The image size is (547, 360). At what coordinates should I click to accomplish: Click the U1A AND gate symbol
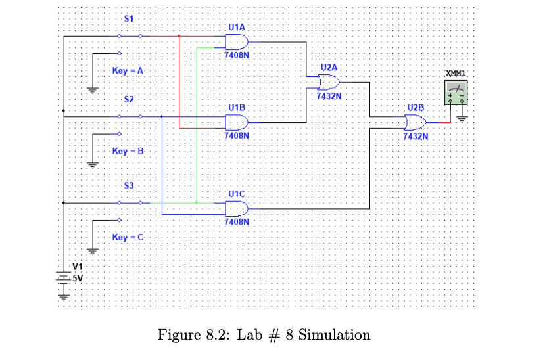[236, 43]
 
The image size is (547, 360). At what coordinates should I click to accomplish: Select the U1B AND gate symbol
[236, 122]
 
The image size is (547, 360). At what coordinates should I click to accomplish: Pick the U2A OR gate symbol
[328, 83]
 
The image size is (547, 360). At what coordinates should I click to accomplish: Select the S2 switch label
[130, 99]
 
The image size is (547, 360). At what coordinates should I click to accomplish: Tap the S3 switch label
[130, 186]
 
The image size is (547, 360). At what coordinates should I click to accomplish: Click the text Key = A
[128, 70]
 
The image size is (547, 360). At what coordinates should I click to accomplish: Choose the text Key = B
[128, 151]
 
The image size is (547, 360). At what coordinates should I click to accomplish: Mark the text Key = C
[128, 236]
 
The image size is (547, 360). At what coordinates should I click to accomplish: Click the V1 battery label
[78, 267]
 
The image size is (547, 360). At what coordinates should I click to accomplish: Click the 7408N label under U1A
[236, 56]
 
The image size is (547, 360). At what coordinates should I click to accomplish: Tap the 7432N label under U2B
[416, 137]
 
